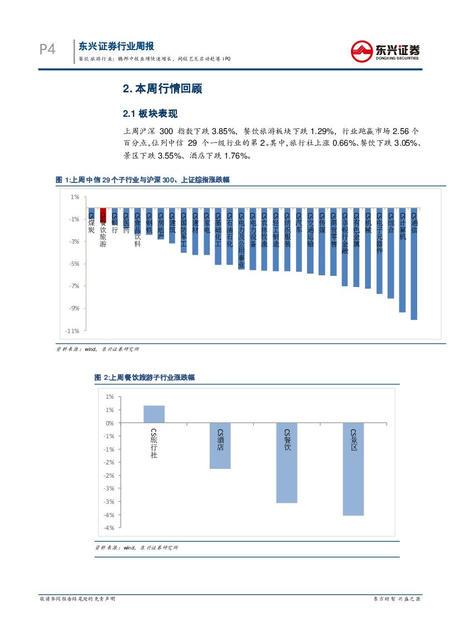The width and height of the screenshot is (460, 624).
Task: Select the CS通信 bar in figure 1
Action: pos(414,264)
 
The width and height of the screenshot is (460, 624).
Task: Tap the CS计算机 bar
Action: pos(402,260)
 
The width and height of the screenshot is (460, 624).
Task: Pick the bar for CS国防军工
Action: pos(184,230)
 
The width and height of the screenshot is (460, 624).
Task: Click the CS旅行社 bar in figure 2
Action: pos(154,414)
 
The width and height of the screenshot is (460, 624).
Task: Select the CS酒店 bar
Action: pos(220,445)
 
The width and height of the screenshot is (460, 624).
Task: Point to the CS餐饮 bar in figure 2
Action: pos(286,463)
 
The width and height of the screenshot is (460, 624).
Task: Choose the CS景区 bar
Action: pos(353,469)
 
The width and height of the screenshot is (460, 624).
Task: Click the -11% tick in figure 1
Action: pos(73,331)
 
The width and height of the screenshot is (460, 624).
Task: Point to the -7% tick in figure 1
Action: pos(75,286)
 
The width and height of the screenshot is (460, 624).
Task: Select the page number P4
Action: pos(47,50)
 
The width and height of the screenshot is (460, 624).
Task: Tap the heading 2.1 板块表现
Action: pos(150,114)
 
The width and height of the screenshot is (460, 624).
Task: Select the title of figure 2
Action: pos(145,378)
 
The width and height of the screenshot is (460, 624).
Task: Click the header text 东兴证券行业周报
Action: pos(116,46)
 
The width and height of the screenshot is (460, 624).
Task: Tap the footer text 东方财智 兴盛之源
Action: pos(396,599)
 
